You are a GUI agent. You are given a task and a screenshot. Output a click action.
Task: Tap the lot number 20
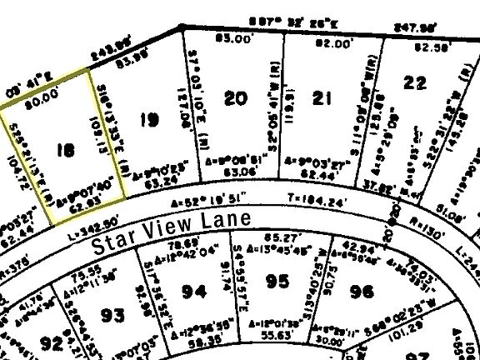pos(237,98)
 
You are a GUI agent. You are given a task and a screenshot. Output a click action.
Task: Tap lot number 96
pos(361,291)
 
